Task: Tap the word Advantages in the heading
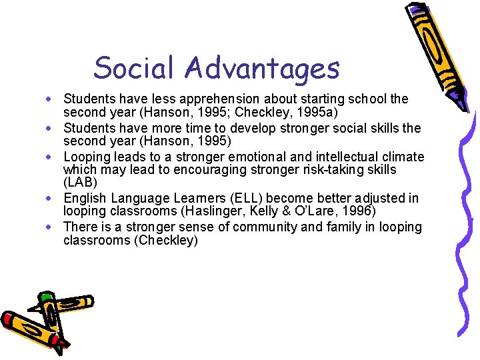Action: click(x=263, y=68)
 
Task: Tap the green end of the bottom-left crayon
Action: click(x=45, y=297)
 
